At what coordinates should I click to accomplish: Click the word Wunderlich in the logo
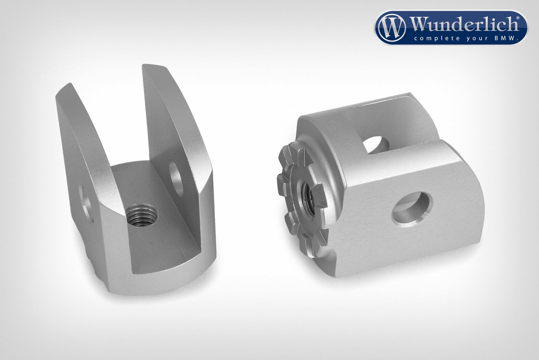464,25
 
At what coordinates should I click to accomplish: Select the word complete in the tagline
432,38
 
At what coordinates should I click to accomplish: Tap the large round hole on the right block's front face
412,211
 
